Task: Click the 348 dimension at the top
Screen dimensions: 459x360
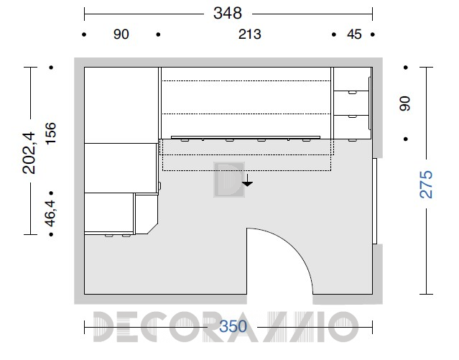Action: (228, 13)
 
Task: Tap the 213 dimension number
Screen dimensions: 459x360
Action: (249, 34)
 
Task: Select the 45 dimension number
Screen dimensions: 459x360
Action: (354, 34)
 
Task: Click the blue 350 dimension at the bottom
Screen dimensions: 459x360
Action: (233, 326)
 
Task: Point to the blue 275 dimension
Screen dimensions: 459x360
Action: (426, 184)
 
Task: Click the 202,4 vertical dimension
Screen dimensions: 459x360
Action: (29, 153)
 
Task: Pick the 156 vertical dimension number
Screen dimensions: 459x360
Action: (50, 133)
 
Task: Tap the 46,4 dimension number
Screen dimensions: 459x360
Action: (50, 213)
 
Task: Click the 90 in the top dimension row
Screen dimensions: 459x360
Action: (121, 34)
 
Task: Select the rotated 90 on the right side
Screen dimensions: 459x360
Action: (405, 103)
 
